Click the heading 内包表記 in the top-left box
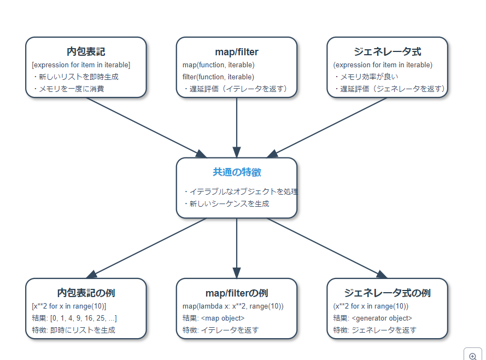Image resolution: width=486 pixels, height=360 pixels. point(86,52)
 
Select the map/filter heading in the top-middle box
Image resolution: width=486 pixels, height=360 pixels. point(236,52)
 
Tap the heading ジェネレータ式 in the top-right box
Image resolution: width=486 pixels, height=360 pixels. point(387,52)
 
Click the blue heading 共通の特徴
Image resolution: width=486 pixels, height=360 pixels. point(236,172)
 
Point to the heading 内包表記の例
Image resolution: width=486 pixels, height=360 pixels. point(86,293)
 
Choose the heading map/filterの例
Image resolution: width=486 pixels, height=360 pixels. point(236,293)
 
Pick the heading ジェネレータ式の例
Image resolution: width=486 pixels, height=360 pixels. point(387,293)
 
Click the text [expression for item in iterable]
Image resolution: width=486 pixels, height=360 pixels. point(81,65)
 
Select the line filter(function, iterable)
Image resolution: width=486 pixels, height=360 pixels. point(218,77)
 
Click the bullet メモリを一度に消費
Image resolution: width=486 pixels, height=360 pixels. point(71,89)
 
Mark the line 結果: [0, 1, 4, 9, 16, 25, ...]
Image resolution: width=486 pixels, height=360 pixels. point(74,318)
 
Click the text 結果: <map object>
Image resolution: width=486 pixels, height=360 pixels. point(213,318)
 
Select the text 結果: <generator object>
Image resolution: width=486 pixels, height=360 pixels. point(372,318)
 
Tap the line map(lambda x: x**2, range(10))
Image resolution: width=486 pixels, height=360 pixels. point(233,306)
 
